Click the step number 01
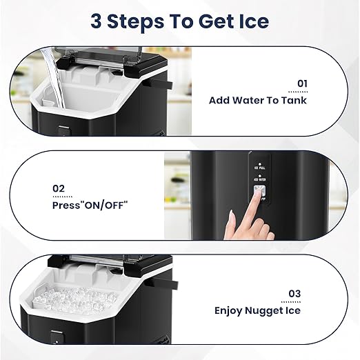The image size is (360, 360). pos(301,83)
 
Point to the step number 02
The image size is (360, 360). pos(59,188)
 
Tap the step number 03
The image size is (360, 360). pos(294,294)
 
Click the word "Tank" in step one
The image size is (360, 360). pos(294,100)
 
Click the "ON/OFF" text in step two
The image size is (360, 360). pos(105,205)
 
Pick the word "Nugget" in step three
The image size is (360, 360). pos(263,310)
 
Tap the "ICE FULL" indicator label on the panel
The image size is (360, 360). pos(259,166)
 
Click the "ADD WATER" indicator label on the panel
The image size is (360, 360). pos(259,177)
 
